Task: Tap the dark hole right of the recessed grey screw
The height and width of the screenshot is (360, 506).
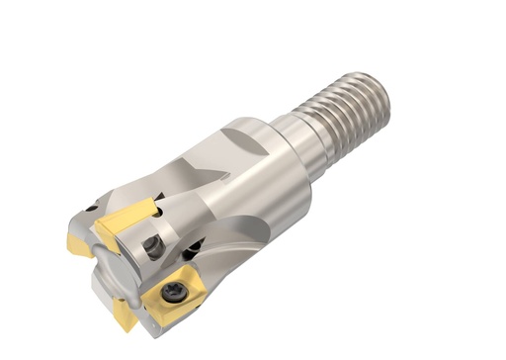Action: click(196, 248)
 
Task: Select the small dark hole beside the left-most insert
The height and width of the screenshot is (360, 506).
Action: click(91, 209)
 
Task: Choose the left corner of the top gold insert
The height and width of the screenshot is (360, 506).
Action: click(96, 229)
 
